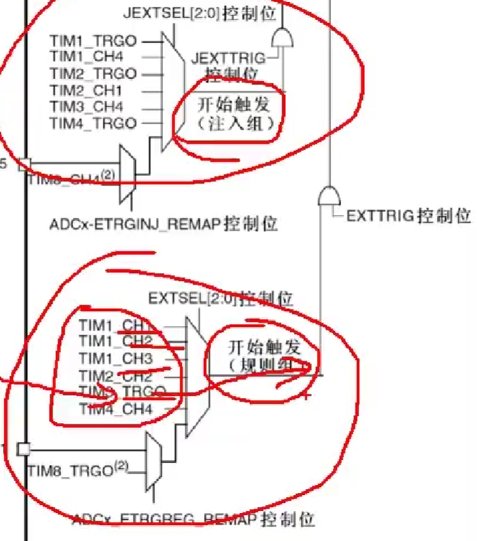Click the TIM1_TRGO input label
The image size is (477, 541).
[x=93, y=41]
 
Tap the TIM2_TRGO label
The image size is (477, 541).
[x=93, y=74]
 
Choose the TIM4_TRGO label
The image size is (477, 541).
[x=93, y=124]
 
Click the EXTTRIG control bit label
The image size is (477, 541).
[x=408, y=216]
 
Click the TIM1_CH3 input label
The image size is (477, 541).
[x=116, y=359]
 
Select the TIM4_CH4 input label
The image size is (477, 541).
[x=116, y=410]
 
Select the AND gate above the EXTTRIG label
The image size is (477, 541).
[x=328, y=195]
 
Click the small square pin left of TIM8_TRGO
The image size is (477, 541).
[x=24, y=449]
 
